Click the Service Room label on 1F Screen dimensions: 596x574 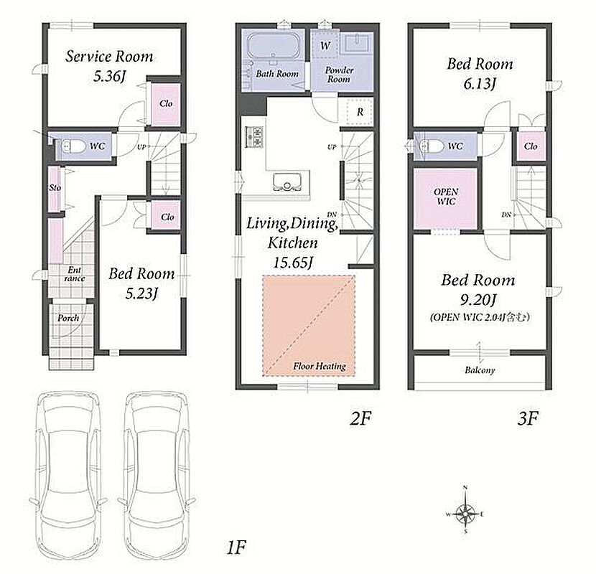tap(109, 56)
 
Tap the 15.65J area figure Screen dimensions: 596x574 tap(293, 263)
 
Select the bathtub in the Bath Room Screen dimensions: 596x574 tap(274, 47)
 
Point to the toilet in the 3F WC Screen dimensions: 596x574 tap(432, 146)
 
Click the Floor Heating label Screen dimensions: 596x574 tap(320, 366)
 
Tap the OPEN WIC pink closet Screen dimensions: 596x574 tap(445, 199)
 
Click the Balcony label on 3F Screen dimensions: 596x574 tap(480, 370)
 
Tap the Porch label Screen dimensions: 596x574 tap(68, 318)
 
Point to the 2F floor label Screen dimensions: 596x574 tap(360, 418)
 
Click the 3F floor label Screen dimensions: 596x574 tap(528, 418)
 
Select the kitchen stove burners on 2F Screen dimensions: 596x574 tap(254, 137)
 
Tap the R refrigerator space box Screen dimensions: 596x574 tap(360, 111)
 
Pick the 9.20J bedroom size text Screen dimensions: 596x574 tap(478, 300)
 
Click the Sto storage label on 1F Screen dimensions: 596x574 tap(55, 188)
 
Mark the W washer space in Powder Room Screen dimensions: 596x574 tap(325, 46)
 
